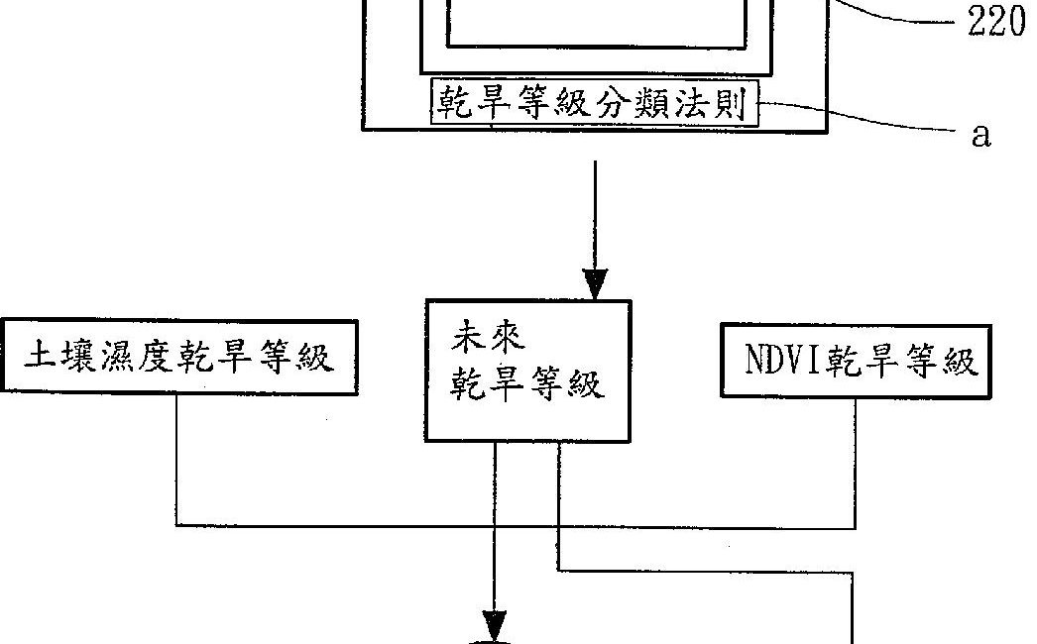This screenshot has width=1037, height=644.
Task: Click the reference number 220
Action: (995, 22)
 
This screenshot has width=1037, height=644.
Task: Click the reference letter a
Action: (980, 136)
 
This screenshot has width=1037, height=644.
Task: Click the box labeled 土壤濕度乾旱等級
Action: (179, 357)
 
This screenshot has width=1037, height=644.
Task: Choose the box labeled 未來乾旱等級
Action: (527, 370)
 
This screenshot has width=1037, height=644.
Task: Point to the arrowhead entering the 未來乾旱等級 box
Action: (595, 283)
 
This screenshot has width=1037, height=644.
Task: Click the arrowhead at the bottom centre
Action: (494, 628)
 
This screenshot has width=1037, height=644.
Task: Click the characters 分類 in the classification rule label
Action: (628, 103)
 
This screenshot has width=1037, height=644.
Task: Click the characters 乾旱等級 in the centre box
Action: (527, 385)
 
